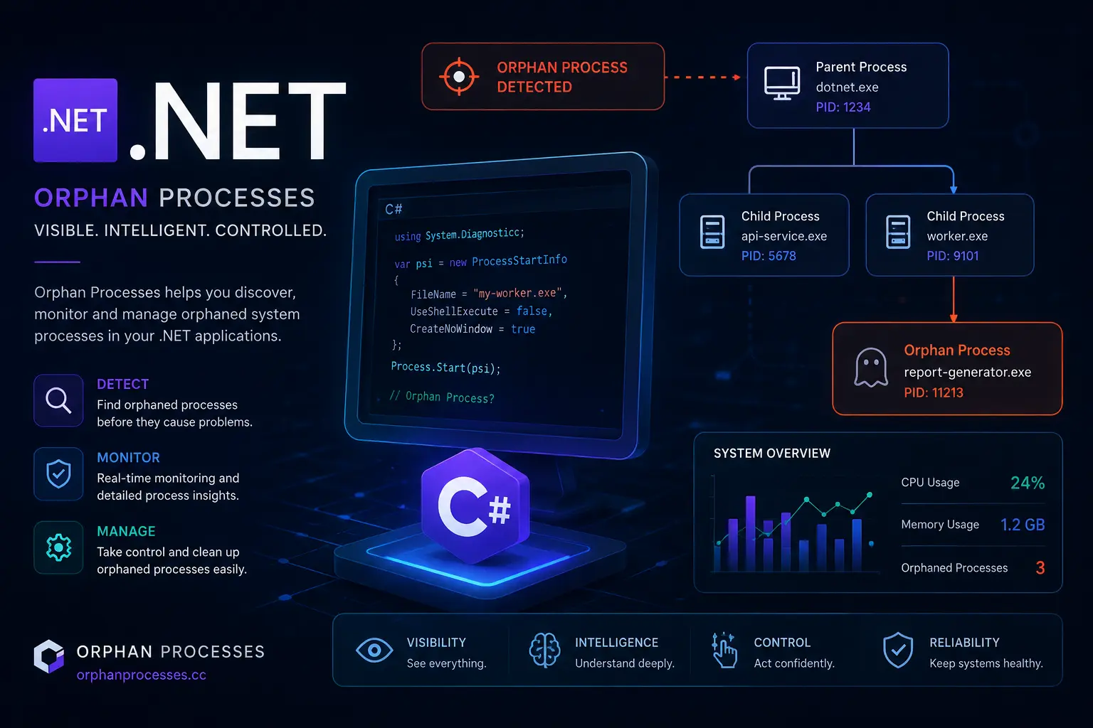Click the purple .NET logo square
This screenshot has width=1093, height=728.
point(75,120)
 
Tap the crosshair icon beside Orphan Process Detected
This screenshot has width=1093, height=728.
point(459,77)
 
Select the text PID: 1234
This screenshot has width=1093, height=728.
point(843,107)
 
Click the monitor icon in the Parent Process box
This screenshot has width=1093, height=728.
point(782,83)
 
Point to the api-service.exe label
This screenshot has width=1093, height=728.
point(783,236)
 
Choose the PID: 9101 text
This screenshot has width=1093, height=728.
point(953,255)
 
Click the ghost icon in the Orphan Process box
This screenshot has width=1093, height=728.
point(870,367)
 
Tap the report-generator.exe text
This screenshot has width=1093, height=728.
point(967,372)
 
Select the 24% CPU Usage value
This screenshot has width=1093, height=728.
point(1027,483)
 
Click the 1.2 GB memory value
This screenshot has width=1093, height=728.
point(1023,525)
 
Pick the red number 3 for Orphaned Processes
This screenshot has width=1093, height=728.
point(1040,567)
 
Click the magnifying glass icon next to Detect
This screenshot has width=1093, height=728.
point(58,400)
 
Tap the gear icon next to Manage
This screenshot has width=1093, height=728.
point(58,547)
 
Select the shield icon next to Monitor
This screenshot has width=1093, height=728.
point(58,473)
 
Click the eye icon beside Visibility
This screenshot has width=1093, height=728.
point(374,650)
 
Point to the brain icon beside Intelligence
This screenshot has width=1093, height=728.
point(544,650)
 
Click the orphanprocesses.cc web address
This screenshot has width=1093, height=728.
point(141,675)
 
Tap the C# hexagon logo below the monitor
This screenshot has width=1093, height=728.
point(475,505)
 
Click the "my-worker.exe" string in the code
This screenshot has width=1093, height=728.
point(517,293)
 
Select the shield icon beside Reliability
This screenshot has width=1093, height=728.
point(898,650)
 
